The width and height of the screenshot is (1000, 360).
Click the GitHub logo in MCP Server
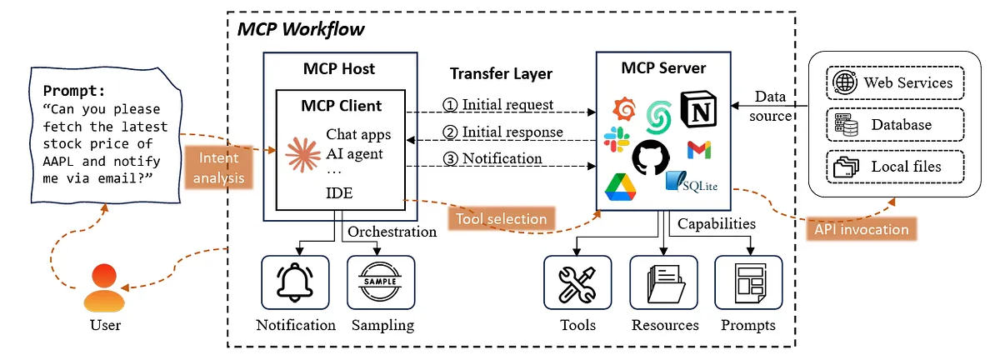click(651, 157)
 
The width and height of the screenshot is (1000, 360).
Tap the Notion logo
click(698, 109)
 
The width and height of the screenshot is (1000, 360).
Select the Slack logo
click(617, 139)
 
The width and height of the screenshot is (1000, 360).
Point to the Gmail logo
click(699, 150)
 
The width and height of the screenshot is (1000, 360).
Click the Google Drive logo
click(620, 187)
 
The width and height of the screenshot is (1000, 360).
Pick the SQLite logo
click(692, 182)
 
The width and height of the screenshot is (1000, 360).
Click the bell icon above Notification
click(295, 282)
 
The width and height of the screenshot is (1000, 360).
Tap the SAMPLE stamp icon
click(380, 282)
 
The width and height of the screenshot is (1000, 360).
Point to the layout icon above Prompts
click(750, 283)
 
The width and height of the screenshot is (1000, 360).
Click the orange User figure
click(104, 287)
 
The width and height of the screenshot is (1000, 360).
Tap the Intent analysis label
click(218, 167)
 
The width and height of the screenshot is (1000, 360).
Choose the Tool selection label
click(502, 219)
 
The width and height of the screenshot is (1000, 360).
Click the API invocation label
click(861, 229)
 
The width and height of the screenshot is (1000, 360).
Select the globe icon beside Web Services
click(845, 82)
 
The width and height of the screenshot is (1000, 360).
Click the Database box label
click(902, 125)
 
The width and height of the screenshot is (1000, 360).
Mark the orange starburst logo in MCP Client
click(302, 154)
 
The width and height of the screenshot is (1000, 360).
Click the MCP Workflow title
click(301, 29)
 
